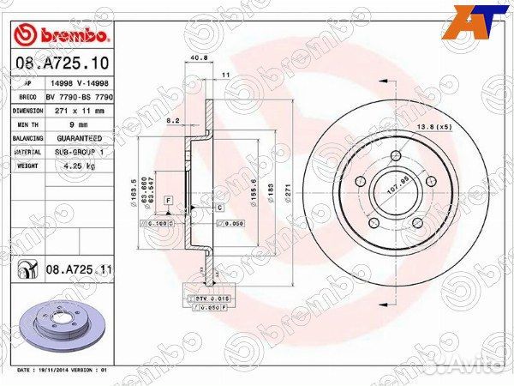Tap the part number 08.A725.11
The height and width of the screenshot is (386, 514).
click(78, 269)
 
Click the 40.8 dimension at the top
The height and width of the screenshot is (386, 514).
click(199, 58)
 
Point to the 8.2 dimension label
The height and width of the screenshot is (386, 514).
click(172, 121)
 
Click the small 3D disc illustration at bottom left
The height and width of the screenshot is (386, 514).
click(64, 325)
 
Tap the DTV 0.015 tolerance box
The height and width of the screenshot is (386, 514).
click(204, 297)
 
